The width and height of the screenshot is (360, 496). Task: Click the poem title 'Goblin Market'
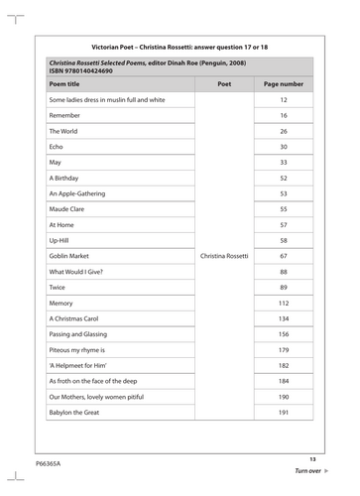click(72, 256)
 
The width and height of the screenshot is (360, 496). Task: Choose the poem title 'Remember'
click(65, 116)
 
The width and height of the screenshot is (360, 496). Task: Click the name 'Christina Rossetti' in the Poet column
click(224, 256)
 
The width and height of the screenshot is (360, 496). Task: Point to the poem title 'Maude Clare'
click(70, 209)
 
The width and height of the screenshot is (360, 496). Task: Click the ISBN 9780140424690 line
click(81, 71)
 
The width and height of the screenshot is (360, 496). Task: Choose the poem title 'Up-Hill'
click(62, 240)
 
